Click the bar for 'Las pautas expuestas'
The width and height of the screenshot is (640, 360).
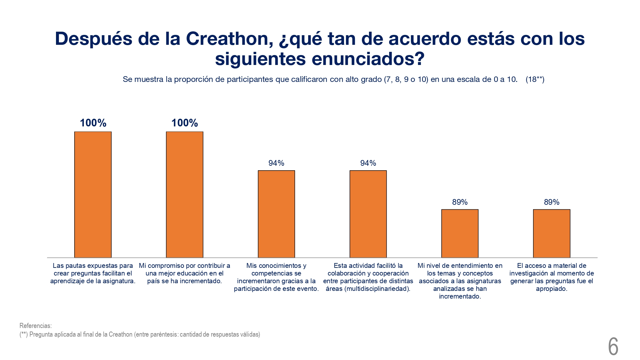pyautogui.click(x=93, y=195)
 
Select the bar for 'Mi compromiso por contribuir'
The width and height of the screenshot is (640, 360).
pyautogui.click(x=185, y=195)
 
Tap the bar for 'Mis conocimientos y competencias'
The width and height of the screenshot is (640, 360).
pyautogui.click(x=276, y=214)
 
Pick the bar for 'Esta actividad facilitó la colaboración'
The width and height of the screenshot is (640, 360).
pyautogui.click(x=368, y=214)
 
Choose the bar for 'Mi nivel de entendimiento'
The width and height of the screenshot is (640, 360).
pyautogui.click(x=460, y=233)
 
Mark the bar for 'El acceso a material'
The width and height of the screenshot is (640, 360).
pyautogui.click(x=552, y=233)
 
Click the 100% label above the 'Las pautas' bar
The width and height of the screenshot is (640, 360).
pyautogui.click(x=93, y=123)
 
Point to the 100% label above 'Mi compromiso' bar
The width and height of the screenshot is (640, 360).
pyautogui.click(x=185, y=123)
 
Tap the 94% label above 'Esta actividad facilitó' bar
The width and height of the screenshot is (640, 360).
pyautogui.click(x=368, y=163)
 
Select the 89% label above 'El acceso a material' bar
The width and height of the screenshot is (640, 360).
pyautogui.click(x=552, y=202)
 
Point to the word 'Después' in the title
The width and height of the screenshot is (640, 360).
pyautogui.click(x=93, y=39)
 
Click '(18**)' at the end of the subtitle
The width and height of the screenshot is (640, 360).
pyautogui.click(x=535, y=79)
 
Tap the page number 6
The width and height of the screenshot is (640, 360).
pyautogui.click(x=613, y=347)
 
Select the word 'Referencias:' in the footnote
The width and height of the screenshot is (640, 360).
pyautogui.click(x=36, y=326)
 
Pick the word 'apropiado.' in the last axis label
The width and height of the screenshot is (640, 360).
pyautogui.click(x=552, y=289)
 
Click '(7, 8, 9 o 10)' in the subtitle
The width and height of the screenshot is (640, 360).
pyautogui.click(x=406, y=79)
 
